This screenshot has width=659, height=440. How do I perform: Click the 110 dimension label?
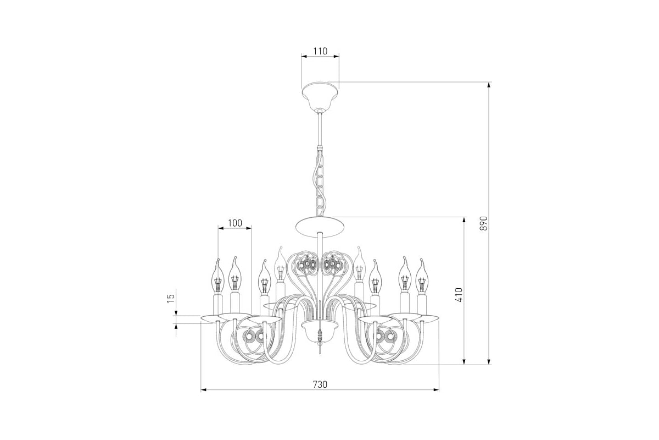click(320, 51)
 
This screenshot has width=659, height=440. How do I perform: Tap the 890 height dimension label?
click(484, 223)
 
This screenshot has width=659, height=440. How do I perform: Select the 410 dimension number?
click(459, 295)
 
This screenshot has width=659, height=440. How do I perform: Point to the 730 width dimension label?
click(320, 384)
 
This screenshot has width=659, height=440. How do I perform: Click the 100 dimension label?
click(235, 223)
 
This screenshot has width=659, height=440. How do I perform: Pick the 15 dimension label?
click(171, 298)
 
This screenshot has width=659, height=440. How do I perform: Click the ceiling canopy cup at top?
click(320, 96)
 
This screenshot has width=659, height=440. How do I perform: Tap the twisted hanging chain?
click(319, 183)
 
